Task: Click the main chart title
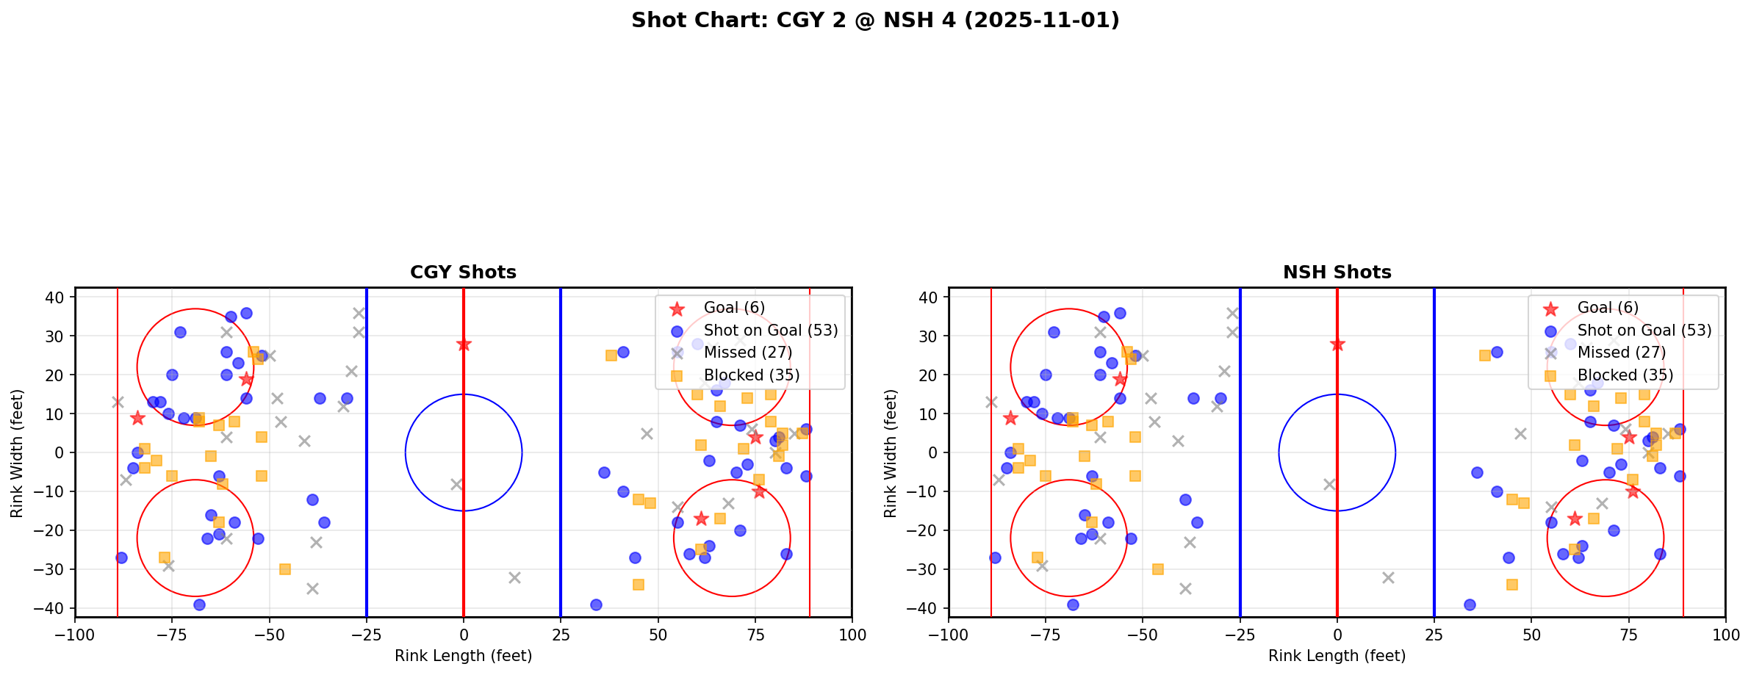(875, 20)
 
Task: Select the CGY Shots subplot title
(463, 272)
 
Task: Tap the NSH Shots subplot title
(1337, 272)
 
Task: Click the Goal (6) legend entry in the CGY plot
(734, 308)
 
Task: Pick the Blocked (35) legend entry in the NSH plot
(1625, 375)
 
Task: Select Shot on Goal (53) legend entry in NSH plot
(1644, 331)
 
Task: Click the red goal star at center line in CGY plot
(464, 344)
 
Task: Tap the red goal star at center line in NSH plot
(1337, 344)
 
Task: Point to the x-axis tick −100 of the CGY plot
(75, 634)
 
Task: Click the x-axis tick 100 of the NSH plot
(1725, 634)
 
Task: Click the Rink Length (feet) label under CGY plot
(463, 656)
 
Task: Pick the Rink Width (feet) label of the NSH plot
(891, 453)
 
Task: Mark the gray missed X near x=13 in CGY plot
(514, 577)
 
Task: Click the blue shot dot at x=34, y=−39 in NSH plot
(1470, 604)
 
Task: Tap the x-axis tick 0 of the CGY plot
(464, 634)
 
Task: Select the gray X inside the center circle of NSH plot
(1329, 484)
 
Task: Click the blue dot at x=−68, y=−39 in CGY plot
(199, 604)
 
